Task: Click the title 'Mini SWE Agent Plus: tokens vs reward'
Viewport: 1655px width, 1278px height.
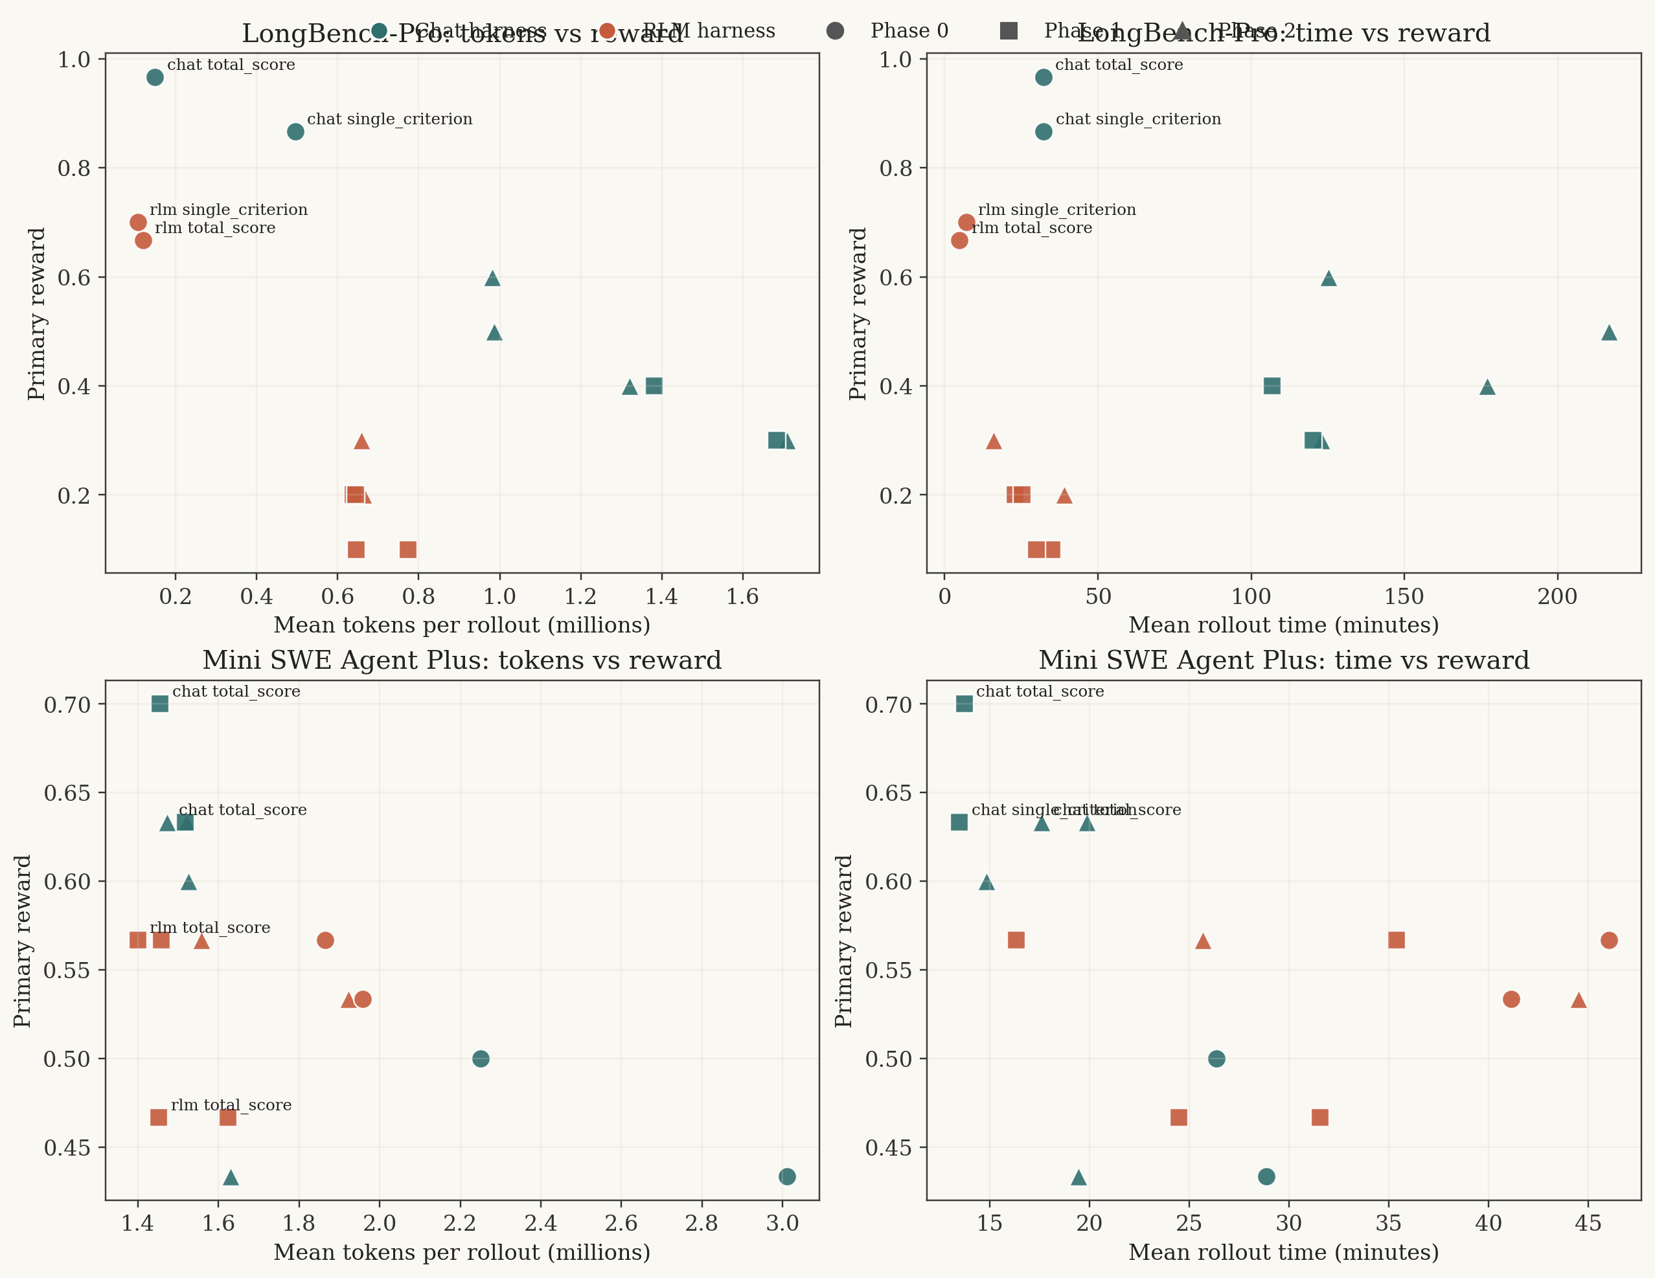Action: pyautogui.click(x=461, y=660)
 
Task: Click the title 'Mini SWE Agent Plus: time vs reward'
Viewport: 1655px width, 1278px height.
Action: pyautogui.click(x=1284, y=660)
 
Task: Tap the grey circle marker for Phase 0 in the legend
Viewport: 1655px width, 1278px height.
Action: pyautogui.click(x=835, y=31)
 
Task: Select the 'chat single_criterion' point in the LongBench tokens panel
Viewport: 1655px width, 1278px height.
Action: pyautogui.click(x=295, y=132)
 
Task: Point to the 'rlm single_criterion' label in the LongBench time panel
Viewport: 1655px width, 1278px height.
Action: pyautogui.click(x=1056, y=210)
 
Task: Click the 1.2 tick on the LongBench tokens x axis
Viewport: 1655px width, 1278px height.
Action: pyautogui.click(x=580, y=597)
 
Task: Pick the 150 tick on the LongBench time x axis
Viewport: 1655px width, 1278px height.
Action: pyautogui.click(x=1404, y=597)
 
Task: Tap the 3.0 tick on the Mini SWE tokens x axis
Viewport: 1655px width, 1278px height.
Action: pyautogui.click(x=782, y=1224)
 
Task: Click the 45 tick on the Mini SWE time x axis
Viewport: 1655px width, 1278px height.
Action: pyautogui.click(x=1588, y=1224)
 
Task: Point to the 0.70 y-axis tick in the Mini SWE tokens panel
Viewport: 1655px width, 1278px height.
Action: pyautogui.click(x=67, y=704)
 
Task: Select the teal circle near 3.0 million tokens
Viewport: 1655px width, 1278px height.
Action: pyautogui.click(x=787, y=1176)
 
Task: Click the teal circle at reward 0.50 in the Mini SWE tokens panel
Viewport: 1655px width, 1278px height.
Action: pyautogui.click(x=481, y=1059)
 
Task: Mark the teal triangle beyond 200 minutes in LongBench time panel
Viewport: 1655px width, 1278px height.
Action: pyautogui.click(x=1610, y=333)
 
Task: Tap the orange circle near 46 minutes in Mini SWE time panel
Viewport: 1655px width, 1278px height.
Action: pyautogui.click(x=1610, y=940)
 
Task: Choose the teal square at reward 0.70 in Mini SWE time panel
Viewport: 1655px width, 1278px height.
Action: pyautogui.click(x=964, y=704)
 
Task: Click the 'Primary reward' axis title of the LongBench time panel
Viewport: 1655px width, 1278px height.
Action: pyautogui.click(x=858, y=313)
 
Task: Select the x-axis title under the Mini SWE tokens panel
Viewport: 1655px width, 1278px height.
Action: pyautogui.click(x=461, y=1253)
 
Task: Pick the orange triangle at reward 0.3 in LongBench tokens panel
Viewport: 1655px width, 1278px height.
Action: pyautogui.click(x=361, y=442)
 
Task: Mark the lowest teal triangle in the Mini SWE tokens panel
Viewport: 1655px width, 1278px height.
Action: pyautogui.click(x=231, y=1177)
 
